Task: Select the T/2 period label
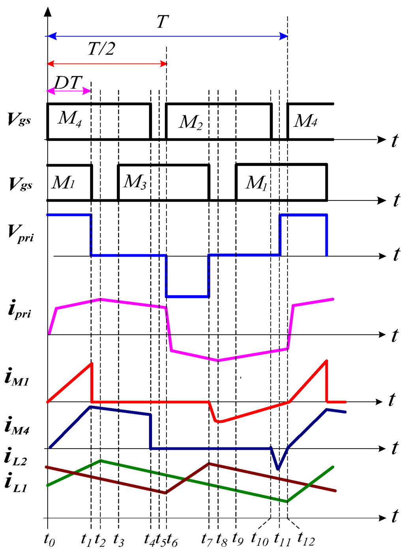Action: coord(101,49)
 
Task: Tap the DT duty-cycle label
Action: coord(68,83)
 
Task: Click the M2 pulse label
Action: coord(191,122)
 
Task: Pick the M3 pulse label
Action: coord(135,182)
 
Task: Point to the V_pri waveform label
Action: coord(21,233)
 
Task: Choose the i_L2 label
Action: coord(16,458)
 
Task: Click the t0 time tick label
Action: coord(49,540)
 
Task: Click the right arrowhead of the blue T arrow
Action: coord(284,36)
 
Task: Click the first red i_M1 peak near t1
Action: coord(91,363)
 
